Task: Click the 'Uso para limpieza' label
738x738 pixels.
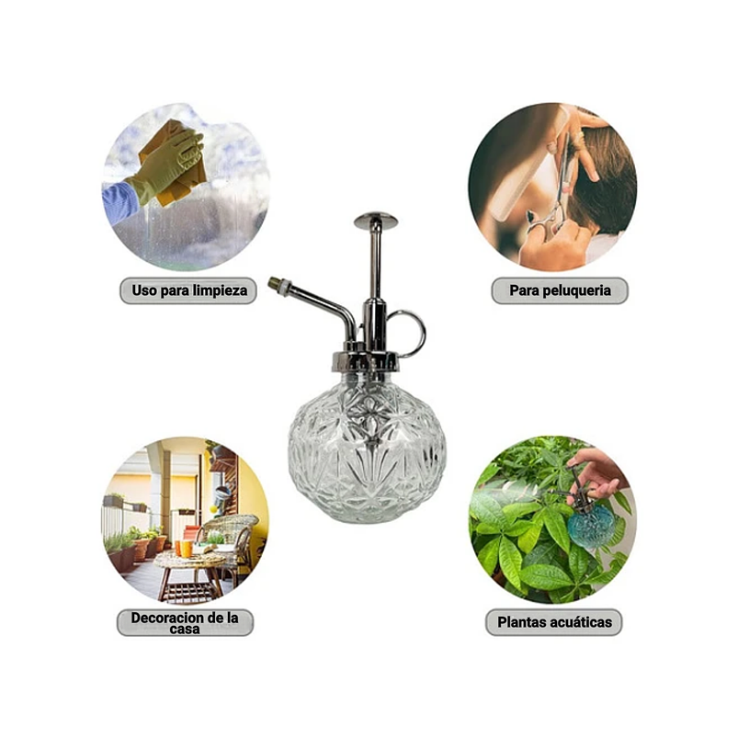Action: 188,291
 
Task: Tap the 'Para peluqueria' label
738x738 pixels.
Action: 559,291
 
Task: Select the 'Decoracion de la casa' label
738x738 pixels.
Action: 185,622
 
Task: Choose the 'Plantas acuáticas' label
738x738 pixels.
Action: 554,622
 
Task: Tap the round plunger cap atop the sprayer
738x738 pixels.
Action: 375,220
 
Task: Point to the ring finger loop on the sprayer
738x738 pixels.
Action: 407,332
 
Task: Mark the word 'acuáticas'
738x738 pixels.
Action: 580,622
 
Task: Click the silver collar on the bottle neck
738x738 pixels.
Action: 367,358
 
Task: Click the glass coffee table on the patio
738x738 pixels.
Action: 192,562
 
